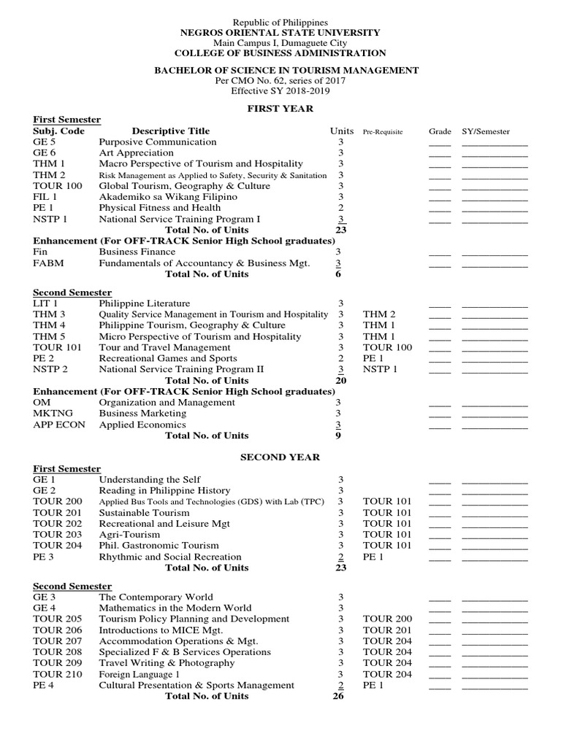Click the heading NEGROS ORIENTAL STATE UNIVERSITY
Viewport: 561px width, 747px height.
point(280,33)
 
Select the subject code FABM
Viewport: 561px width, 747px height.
point(47,263)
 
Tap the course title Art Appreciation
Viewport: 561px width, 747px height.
point(136,153)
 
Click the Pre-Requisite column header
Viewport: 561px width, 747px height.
point(383,132)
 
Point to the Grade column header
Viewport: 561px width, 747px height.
point(440,132)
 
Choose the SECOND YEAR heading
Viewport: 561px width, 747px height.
point(280,457)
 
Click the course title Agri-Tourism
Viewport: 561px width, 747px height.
point(130,535)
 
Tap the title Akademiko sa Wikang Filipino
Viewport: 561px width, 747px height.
point(168,197)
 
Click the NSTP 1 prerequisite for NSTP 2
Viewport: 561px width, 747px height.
point(381,369)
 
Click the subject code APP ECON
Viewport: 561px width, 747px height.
point(59,425)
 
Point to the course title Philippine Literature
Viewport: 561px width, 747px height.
point(144,303)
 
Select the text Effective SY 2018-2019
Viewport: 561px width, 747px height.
point(280,91)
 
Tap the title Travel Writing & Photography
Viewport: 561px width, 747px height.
point(167,663)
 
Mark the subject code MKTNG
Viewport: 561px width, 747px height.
point(53,414)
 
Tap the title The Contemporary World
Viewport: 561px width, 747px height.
point(156,597)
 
